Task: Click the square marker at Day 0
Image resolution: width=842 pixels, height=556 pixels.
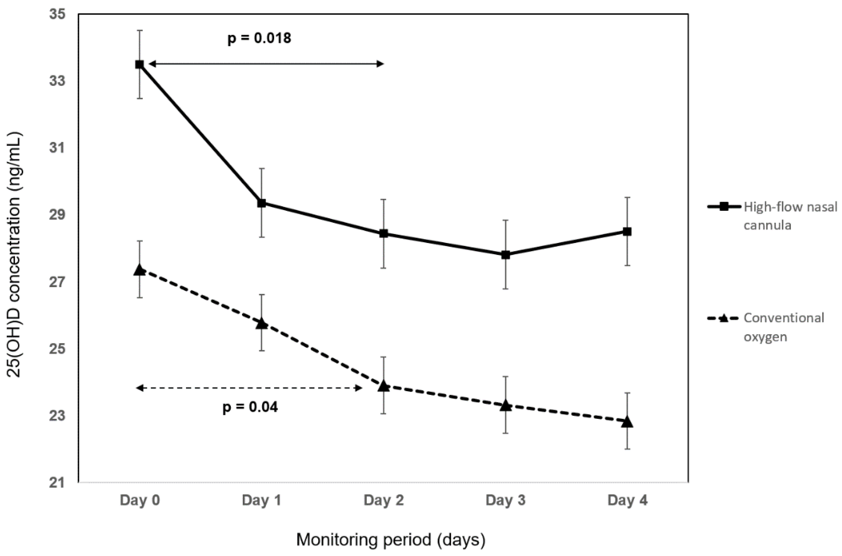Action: pos(140,65)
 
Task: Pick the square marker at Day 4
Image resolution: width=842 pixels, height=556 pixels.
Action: pos(627,231)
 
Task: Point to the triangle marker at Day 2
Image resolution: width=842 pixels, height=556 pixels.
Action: pos(384,386)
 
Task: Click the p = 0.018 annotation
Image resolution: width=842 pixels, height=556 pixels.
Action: pos(259,38)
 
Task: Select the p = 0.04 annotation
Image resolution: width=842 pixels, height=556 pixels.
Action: pos(250,407)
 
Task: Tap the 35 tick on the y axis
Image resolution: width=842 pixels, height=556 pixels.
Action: pos(58,14)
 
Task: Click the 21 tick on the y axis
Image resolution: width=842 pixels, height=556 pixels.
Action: pos(58,483)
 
